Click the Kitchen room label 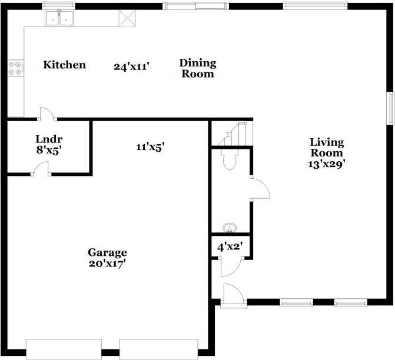(65, 65)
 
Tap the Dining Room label (198, 68)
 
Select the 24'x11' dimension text (132, 66)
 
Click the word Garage (107, 253)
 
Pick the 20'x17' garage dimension (107, 263)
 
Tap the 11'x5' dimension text (150, 146)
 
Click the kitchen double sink (59, 19)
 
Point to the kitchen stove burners (15, 68)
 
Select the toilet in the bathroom (228, 159)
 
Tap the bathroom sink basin (230, 227)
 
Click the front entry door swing (232, 294)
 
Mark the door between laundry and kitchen (46, 114)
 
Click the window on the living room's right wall (389, 108)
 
